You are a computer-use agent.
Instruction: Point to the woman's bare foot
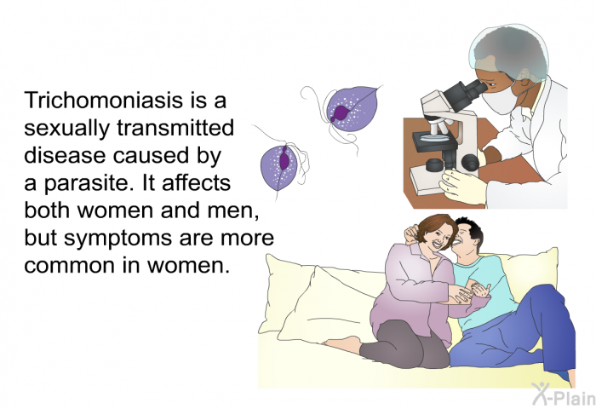[341, 343]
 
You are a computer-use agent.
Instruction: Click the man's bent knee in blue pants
[545, 294]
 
